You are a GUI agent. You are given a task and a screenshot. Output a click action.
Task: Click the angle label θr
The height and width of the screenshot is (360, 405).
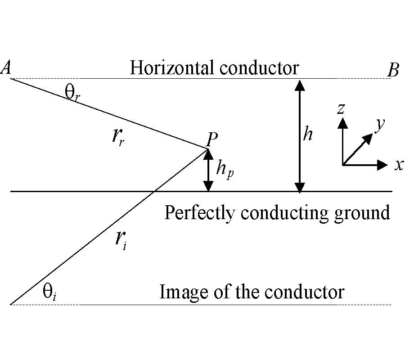click(x=72, y=95)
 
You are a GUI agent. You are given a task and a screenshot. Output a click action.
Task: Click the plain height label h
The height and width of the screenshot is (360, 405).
click(x=307, y=134)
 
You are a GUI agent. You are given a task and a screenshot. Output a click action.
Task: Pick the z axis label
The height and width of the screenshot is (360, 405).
click(x=342, y=108)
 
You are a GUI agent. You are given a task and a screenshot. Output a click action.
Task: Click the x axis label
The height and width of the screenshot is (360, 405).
click(x=399, y=165)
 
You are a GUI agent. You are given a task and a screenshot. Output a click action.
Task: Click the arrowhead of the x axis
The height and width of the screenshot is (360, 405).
click(x=383, y=165)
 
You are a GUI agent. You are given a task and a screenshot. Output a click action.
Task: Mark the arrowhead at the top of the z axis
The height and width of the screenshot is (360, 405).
click(x=343, y=122)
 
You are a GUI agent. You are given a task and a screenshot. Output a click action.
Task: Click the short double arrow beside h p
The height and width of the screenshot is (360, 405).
click(x=208, y=170)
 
